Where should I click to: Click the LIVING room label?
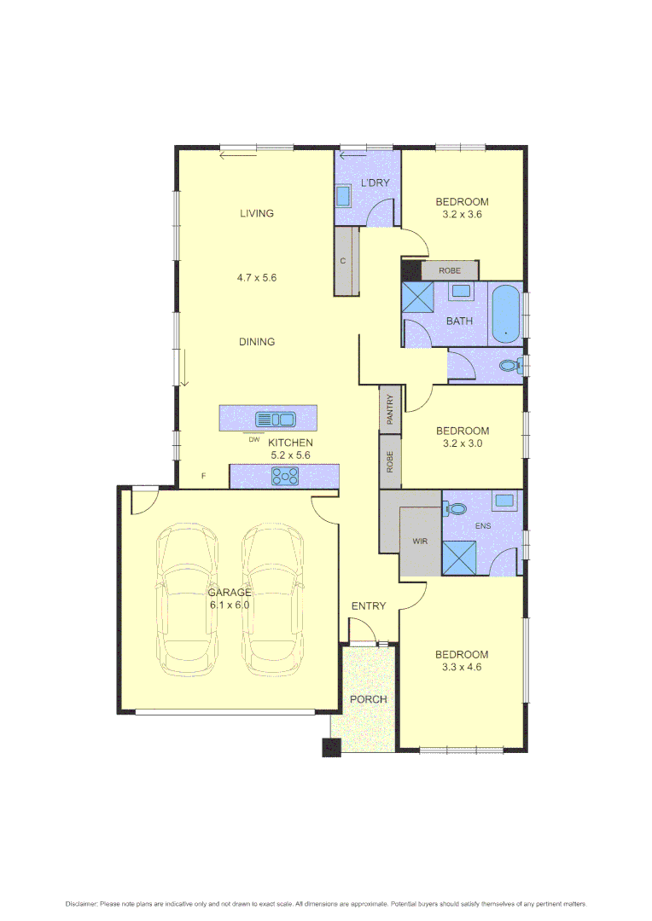pos(256,213)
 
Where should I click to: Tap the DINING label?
pos(256,342)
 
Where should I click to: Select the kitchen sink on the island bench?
pos(275,419)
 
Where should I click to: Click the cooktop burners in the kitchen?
pos(284,477)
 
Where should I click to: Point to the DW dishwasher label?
pos(253,440)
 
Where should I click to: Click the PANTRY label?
pos(390,408)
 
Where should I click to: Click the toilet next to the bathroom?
pos(510,366)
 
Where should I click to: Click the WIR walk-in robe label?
pos(420,541)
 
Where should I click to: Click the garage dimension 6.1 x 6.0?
pos(230,605)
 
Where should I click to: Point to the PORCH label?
pos(369,699)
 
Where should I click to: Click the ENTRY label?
pos(369,606)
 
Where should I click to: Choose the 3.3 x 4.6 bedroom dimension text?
pos(462,668)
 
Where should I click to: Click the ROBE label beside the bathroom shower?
pos(450,270)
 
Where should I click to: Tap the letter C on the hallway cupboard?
pos(343,261)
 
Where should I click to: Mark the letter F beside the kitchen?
pos(203,476)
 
